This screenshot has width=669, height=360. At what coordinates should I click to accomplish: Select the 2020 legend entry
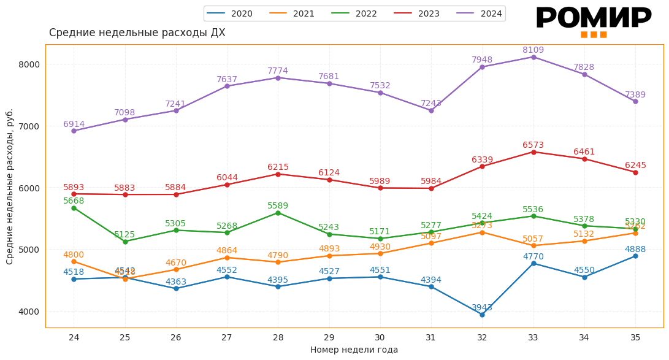click(x=231, y=13)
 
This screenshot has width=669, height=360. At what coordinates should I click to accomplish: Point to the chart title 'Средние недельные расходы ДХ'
click(x=137, y=33)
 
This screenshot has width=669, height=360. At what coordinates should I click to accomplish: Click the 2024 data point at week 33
click(x=533, y=57)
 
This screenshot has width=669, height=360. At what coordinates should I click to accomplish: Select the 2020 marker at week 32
click(x=482, y=315)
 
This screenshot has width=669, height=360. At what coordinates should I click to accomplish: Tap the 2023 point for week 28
click(x=278, y=174)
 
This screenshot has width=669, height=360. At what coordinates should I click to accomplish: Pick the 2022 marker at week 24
click(x=74, y=208)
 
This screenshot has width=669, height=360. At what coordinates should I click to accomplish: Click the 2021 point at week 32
click(x=482, y=232)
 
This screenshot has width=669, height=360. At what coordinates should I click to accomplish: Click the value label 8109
click(x=533, y=50)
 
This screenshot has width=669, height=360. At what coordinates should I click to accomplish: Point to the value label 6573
click(x=533, y=145)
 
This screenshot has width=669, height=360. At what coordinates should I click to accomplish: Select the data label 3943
click(x=481, y=308)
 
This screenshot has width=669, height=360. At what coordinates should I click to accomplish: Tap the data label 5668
click(x=74, y=201)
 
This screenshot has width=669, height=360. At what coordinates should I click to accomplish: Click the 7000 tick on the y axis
click(x=29, y=126)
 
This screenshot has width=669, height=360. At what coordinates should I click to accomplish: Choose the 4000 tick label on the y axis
click(x=29, y=312)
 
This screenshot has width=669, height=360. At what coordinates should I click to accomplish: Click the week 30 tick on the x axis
click(x=380, y=337)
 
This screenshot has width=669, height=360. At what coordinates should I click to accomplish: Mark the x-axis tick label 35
click(x=635, y=337)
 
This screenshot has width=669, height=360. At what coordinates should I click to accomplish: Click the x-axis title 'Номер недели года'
click(x=354, y=350)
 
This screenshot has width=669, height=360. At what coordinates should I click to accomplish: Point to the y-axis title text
click(x=10, y=186)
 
